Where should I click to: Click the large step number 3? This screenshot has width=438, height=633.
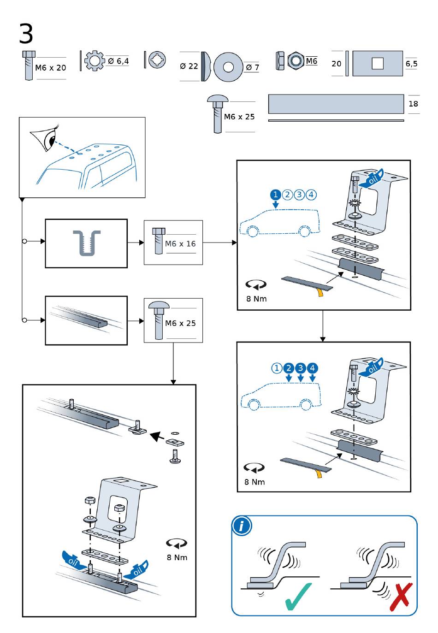26,34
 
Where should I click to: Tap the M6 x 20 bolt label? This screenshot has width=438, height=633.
51,68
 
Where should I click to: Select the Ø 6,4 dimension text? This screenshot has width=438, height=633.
118,61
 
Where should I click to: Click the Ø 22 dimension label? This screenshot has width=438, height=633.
189,66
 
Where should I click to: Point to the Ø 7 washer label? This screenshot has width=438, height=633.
252,67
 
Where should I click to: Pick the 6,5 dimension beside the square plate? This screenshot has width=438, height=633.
411,63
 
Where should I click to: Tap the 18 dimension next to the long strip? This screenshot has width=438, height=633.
413,104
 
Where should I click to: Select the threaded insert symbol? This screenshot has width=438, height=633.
86,243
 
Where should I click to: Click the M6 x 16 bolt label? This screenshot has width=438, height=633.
180,243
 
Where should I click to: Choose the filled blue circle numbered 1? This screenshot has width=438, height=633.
275,195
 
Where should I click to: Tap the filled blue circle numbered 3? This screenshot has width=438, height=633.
301,368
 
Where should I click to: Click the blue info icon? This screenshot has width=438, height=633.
242,526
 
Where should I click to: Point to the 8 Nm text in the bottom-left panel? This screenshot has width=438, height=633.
177,557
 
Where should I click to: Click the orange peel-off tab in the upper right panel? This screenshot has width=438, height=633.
319,292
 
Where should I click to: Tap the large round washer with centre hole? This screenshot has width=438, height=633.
228,67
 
